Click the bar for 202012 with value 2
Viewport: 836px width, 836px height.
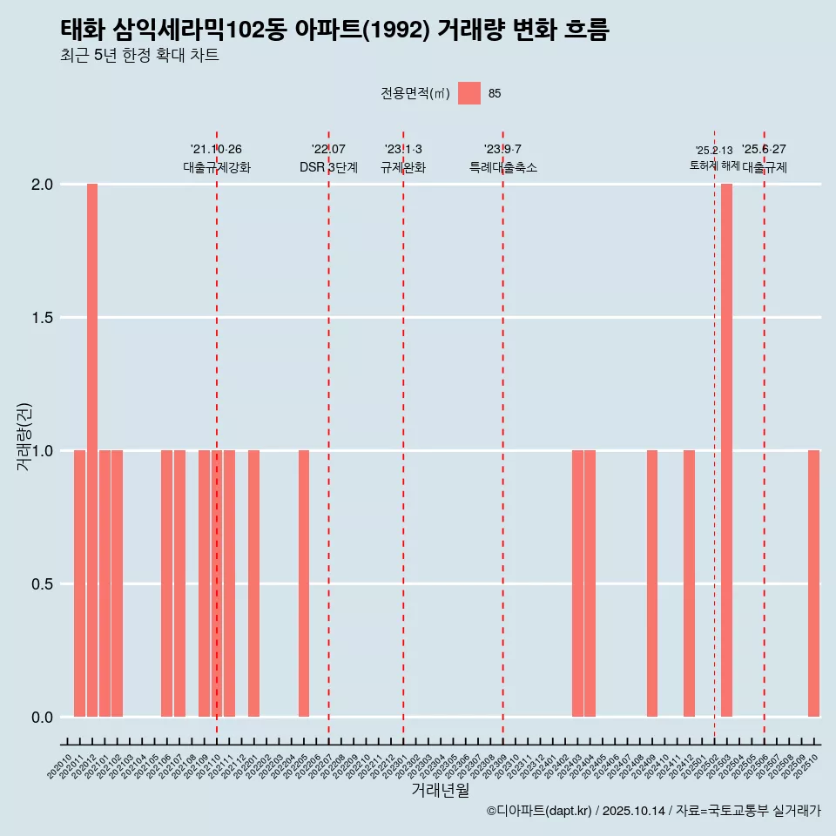pos(92,450)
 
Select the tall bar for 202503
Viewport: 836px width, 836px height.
pos(726,450)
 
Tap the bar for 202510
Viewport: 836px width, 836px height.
pos(813,583)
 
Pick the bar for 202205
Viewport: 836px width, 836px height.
pos(304,583)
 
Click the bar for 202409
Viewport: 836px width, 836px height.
pos(652,583)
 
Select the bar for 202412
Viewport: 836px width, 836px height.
pos(689,583)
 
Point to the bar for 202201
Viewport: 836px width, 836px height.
pos(253,583)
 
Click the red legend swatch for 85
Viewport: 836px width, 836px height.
pos(469,93)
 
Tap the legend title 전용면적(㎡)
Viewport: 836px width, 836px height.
pos(415,94)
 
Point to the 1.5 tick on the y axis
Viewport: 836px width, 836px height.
pos(43,318)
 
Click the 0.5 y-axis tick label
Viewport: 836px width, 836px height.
pos(43,584)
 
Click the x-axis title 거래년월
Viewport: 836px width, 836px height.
pos(440,791)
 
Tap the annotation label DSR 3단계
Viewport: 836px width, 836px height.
pos(328,167)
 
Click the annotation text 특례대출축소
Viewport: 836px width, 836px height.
pos(502,167)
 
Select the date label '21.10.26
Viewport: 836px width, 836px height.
pos(216,149)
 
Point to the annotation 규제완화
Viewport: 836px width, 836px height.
pos(402,167)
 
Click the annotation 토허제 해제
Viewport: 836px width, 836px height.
pos(714,165)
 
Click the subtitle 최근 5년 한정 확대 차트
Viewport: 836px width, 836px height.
pos(139,56)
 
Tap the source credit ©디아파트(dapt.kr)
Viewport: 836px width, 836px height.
pos(540,811)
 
